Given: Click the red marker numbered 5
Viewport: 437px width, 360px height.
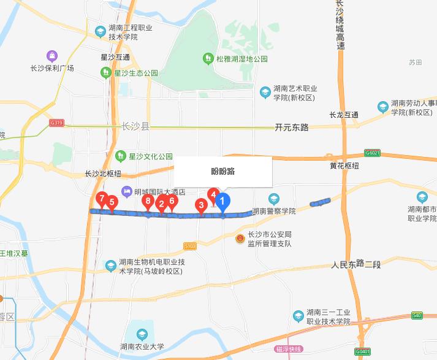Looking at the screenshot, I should click(x=112, y=202).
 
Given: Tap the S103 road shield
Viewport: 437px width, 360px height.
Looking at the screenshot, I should click(x=190, y=246).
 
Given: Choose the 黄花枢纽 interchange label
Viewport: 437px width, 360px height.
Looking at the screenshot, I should click(x=344, y=166).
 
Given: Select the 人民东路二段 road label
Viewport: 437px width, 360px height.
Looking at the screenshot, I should click(x=355, y=264).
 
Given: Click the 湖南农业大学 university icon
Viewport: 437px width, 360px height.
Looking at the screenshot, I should click(x=142, y=334).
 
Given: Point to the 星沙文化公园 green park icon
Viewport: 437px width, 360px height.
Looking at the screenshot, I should click(x=121, y=156).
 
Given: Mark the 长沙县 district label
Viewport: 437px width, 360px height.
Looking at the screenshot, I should click(x=135, y=127).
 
